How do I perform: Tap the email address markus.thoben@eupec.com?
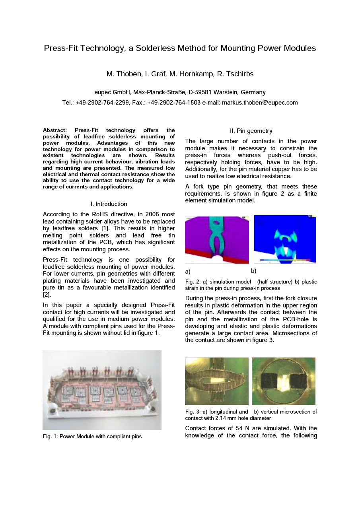click(x=260, y=103)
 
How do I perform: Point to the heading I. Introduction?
click(x=109, y=204)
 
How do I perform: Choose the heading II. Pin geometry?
click(x=251, y=131)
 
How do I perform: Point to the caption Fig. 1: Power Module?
click(x=92, y=437)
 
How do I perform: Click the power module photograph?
click(x=102, y=390)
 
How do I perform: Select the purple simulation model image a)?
click(x=217, y=239)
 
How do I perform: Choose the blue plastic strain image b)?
click(x=285, y=239)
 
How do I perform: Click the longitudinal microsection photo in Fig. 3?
click(x=217, y=381)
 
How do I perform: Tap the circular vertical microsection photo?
click(x=284, y=381)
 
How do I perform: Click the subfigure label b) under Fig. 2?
click(x=254, y=272)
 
